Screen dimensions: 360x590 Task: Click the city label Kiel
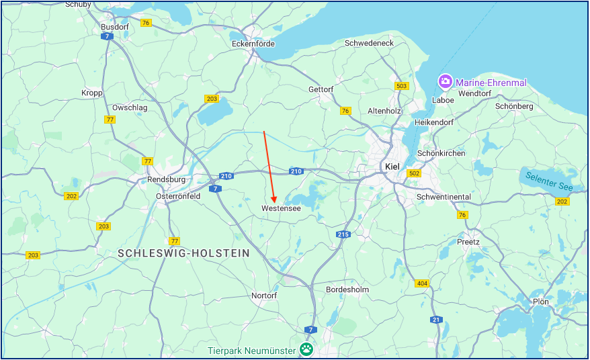pyautogui.click(x=391, y=166)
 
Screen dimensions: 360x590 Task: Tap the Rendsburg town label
pyautogui.click(x=166, y=179)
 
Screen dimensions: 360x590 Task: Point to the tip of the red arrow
pyautogui.click(x=274, y=201)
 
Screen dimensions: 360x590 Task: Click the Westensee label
pyautogui.click(x=281, y=209)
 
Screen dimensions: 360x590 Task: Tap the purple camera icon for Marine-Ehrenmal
pyautogui.click(x=445, y=82)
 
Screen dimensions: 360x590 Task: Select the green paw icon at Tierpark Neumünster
pyautogui.click(x=306, y=349)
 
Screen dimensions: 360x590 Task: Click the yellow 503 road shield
pyautogui.click(x=402, y=86)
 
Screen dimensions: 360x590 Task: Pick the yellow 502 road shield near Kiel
pyautogui.click(x=414, y=173)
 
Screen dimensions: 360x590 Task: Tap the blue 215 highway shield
pyautogui.click(x=343, y=234)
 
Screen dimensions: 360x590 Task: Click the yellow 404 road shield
pyautogui.click(x=422, y=283)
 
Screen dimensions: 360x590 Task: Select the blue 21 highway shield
pyautogui.click(x=436, y=319)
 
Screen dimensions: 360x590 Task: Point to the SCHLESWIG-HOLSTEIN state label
pyautogui.click(x=183, y=253)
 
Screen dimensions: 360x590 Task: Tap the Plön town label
pyautogui.click(x=540, y=302)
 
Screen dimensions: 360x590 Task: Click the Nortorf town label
pyautogui.click(x=263, y=296)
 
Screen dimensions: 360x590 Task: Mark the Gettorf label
pyautogui.click(x=321, y=89)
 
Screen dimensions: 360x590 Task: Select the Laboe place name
pyautogui.click(x=442, y=100)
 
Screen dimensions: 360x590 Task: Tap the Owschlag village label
pyautogui.click(x=130, y=107)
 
